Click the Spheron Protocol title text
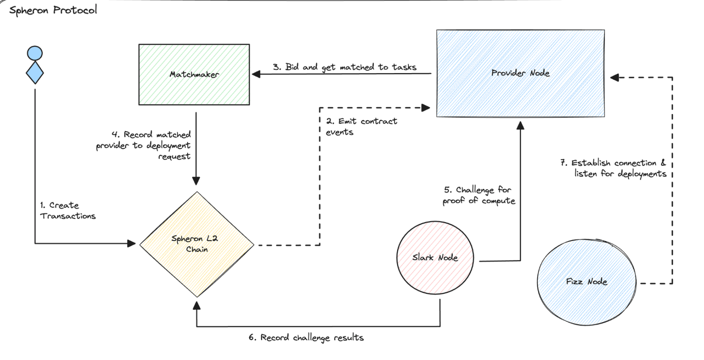point(53,10)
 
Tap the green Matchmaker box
point(194,74)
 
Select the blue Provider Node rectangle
point(521,73)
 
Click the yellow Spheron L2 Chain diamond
point(197,244)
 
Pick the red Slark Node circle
point(435,258)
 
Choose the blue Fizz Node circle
point(587,282)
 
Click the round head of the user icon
point(35,53)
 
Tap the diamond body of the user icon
point(35,73)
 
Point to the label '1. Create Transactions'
point(68,211)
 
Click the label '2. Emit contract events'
point(361,126)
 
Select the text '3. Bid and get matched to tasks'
point(345,67)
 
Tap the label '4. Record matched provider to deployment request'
point(143,145)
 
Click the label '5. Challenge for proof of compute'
point(479,195)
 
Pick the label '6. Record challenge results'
point(306,338)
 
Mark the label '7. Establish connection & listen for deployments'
point(613,168)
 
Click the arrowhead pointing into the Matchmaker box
point(256,74)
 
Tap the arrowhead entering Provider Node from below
point(521,126)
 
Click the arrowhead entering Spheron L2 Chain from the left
point(132,243)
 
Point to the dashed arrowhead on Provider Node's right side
point(615,77)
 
